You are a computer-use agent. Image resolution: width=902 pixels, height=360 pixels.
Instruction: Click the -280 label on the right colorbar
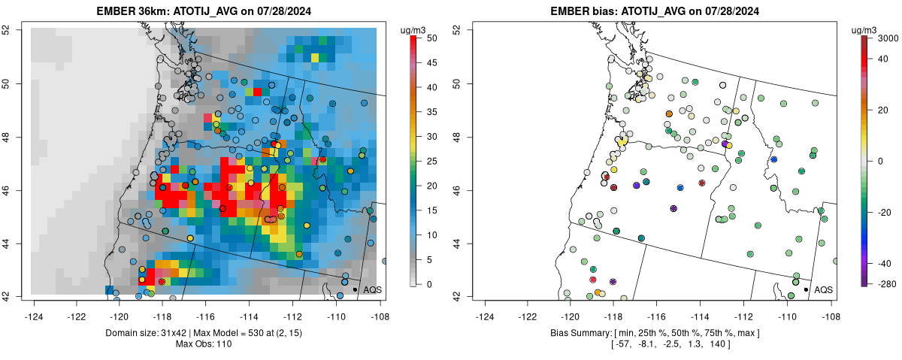point(887,283)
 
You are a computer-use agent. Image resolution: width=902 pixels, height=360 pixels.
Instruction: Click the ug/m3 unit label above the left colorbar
point(416,29)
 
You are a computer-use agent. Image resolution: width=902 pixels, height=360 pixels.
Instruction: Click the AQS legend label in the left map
point(373,289)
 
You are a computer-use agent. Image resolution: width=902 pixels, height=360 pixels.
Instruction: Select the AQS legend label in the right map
point(824,289)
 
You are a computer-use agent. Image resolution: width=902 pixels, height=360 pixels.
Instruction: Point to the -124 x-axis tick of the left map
point(35,307)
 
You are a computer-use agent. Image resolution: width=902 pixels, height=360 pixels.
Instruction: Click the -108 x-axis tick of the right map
point(830,307)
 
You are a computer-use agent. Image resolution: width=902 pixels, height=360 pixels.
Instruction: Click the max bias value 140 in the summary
point(715,344)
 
